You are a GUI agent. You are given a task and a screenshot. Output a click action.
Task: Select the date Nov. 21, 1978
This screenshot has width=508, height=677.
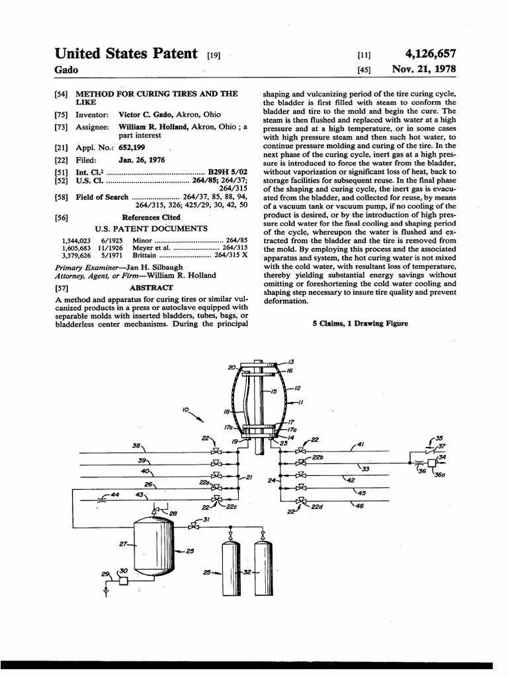click(424, 69)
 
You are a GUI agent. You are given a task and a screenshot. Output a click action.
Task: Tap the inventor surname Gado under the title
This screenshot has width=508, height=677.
click(66, 69)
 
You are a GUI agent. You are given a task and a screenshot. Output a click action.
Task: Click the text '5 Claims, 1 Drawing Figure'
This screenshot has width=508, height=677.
click(360, 323)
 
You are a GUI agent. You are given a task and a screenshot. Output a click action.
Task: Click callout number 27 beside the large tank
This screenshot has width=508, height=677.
click(122, 545)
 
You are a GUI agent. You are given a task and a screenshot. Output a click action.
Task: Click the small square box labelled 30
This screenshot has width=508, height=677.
click(124, 581)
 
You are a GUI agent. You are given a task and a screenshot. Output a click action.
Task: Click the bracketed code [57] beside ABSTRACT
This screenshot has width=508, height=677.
click(62, 288)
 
